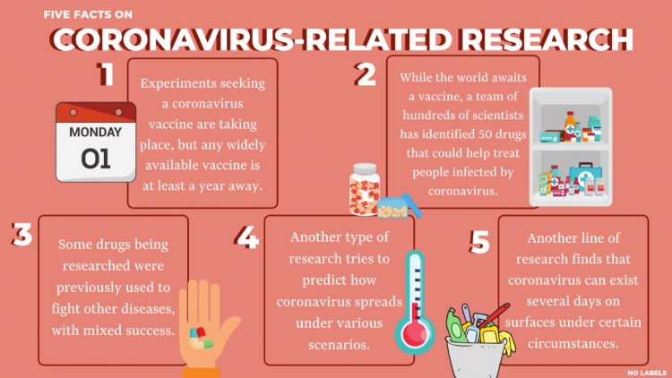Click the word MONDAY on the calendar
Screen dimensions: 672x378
pyautogui.click(x=96, y=132)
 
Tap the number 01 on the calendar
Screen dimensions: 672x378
pyautogui.click(x=96, y=159)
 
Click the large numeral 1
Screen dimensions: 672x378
pyautogui.click(x=106, y=74)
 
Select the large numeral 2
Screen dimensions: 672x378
pyautogui.click(x=366, y=75)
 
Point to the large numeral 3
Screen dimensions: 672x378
pyautogui.click(x=22, y=235)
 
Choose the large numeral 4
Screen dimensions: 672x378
pyautogui.click(x=247, y=237)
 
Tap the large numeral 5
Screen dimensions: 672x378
pyautogui.click(x=479, y=242)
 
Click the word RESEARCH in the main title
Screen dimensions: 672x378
pyautogui.click(x=547, y=39)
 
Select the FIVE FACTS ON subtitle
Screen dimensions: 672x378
pyautogui.click(x=88, y=14)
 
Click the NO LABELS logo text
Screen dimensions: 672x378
pyautogui.click(x=647, y=373)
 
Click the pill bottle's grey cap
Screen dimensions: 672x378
pyautogui.click(x=365, y=169)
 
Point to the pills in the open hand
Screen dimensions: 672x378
pyautogui.click(x=201, y=339)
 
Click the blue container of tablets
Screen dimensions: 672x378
pyautogui.click(x=393, y=208)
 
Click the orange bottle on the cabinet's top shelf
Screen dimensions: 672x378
pyautogui.click(x=570, y=125)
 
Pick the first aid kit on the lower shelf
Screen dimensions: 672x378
pyautogui.click(x=586, y=176)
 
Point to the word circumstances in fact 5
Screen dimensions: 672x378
pyautogui.click(x=573, y=343)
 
